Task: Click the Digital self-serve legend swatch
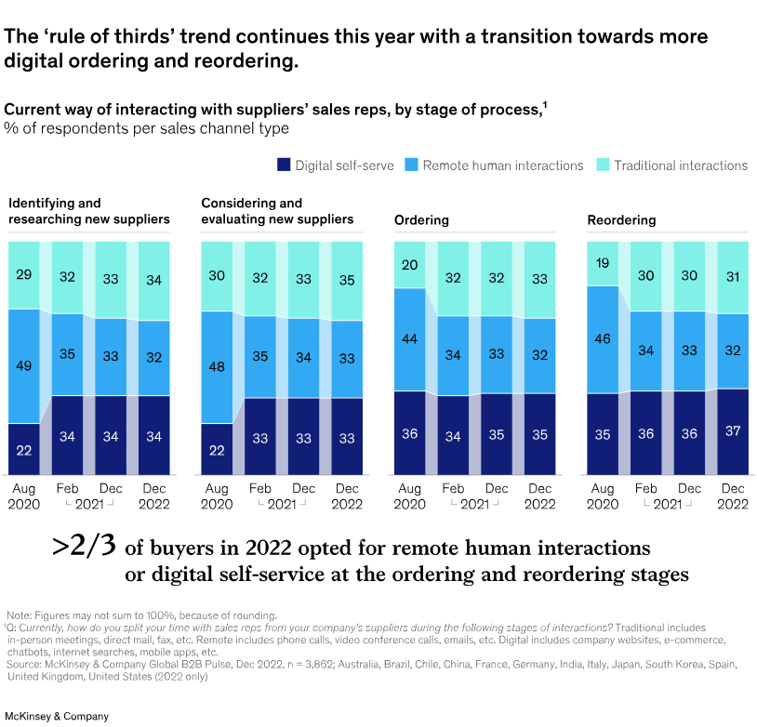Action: [x=284, y=165]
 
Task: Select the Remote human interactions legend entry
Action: [x=502, y=165]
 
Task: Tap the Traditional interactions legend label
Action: [x=680, y=165]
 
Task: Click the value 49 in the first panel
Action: [x=24, y=365]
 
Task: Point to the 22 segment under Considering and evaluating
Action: [x=217, y=450]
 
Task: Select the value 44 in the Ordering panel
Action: [x=410, y=339]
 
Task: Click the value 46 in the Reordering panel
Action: [x=603, y=339]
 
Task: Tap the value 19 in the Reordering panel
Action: [x=603, y=263]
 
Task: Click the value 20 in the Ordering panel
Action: [x=410, y=265]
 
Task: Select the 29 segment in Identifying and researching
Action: [x=24, y=275]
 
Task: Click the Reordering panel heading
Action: [x=621, y=220]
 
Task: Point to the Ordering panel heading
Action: [x=421, y=220]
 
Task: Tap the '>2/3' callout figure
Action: [x=83, y=546]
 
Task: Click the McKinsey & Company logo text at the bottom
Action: [x=57, y=716]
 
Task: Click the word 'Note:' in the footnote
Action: [x=21, y=615]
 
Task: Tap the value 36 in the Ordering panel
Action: [x=410, y=433]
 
